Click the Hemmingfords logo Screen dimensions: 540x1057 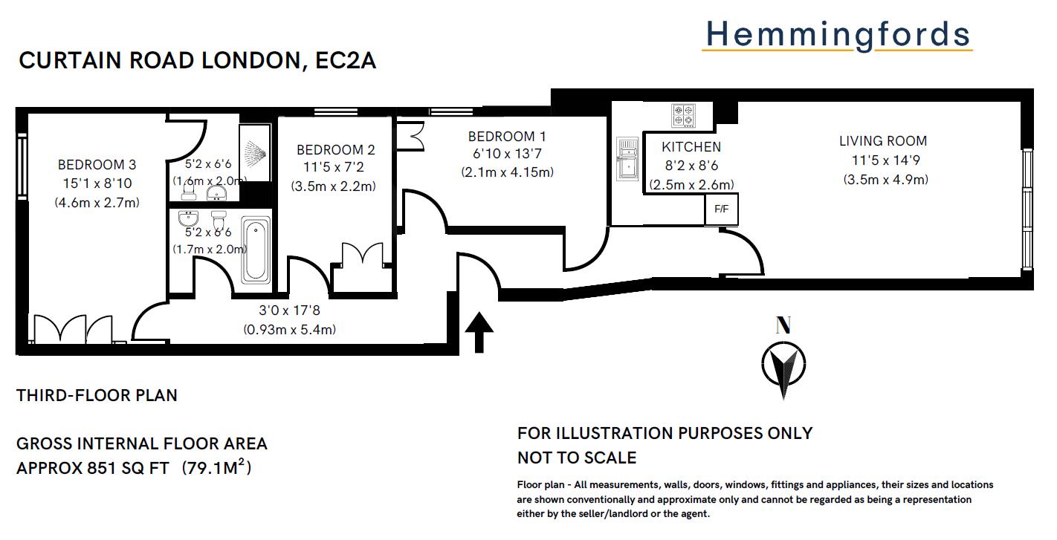click(x=837, y=35)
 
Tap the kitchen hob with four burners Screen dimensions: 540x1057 click(x=683, y=114)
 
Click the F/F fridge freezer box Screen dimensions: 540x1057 click(x=721, y=209)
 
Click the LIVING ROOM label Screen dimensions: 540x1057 click(x=883, y=141)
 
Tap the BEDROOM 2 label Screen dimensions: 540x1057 click(x=331, y=150)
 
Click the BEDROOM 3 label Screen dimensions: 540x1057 click(x=97, y=165)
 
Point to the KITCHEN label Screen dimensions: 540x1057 click(x=691, y=147)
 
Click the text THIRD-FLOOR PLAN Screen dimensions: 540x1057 click(x=97, y=395)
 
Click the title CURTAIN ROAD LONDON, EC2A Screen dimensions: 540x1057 click(x=197, y=61)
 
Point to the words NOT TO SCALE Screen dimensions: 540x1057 click(x=577, y=458)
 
